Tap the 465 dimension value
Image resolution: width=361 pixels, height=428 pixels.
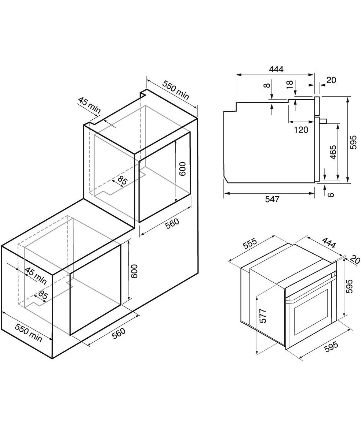(x=332, y=152)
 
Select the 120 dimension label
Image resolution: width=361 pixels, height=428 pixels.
(x=301, y=130)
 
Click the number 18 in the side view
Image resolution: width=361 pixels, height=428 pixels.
(x=289, y=84)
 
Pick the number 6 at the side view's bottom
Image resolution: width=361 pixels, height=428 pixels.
(x=331, y=195)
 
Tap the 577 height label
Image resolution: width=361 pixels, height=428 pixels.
(x=263, y=316)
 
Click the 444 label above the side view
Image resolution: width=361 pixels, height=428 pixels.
(x=276, y=69)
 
